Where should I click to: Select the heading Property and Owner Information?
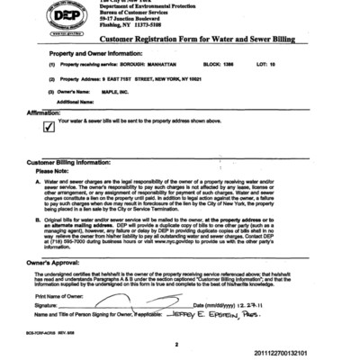(91, 56)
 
